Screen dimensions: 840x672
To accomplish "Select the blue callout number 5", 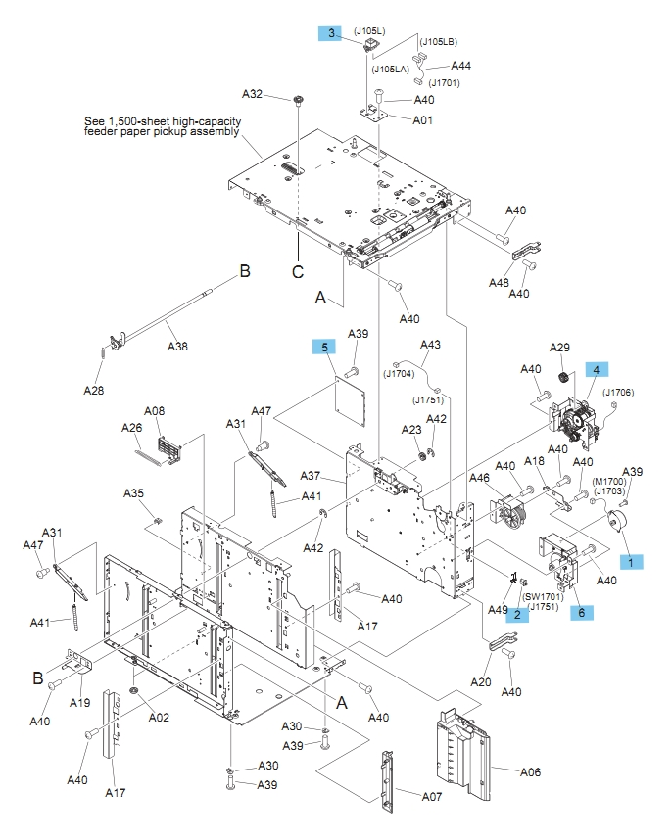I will point(323,347).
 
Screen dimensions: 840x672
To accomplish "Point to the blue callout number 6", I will point(582,612).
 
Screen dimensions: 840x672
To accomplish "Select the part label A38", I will point(177,346).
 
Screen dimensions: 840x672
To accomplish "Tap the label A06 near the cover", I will point(529,771).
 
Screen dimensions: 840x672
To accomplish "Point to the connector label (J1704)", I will point(400,372).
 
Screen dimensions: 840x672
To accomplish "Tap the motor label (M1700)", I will point(610,483).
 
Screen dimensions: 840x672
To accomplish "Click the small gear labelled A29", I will point(563,379).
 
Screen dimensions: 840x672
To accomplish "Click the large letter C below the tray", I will point(298,274).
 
